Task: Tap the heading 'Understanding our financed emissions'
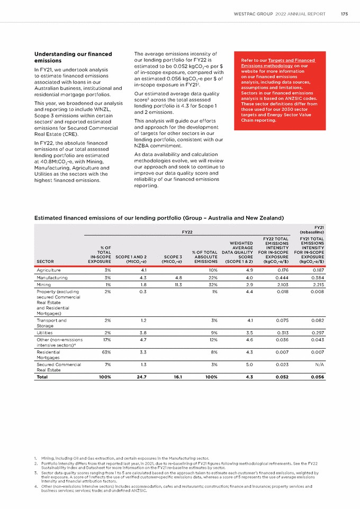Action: (x=73, y=58)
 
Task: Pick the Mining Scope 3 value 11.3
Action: (x=177, y=285)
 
